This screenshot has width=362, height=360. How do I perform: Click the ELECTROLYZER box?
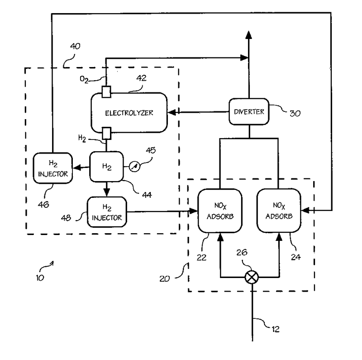point(129,112)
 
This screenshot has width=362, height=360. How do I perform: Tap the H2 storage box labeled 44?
point(107,167)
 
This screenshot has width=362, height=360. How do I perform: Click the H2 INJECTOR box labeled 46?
point(52,168)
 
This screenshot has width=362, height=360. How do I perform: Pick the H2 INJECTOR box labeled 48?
point(107,212)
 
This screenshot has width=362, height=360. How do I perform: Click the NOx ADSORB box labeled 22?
point(219,211)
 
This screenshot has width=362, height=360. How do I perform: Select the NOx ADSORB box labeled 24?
point(278,211)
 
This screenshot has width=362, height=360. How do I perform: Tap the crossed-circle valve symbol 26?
point(250,278)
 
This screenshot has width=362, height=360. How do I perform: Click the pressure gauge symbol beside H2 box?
point(133,167)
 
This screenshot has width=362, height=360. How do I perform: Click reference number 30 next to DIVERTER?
point(295,113)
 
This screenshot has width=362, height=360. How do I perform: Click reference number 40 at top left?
point(76,46)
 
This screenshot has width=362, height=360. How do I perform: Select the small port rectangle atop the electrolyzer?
point(107,91)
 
